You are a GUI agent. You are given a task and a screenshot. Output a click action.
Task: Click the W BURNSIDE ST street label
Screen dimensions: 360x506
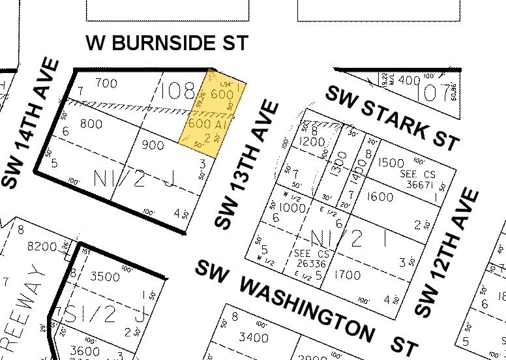coord(168,43)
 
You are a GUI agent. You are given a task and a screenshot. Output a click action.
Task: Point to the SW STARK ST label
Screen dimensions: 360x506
coord(393,117)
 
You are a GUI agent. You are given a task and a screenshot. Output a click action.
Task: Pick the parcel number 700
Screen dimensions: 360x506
coord(106,83)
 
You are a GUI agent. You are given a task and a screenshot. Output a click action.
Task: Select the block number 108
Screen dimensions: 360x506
coord(177,90)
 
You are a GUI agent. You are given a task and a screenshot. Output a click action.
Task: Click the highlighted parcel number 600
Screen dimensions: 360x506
coord(222,94)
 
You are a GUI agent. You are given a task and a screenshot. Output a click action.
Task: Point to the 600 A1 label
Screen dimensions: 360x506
coord(207,123)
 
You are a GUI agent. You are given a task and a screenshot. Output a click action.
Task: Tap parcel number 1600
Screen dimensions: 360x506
coord(380,197)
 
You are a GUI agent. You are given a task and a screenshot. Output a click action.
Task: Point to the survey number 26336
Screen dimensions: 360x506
coord(304,265)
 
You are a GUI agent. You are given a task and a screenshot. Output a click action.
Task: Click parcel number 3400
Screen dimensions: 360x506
coord(254,337)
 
